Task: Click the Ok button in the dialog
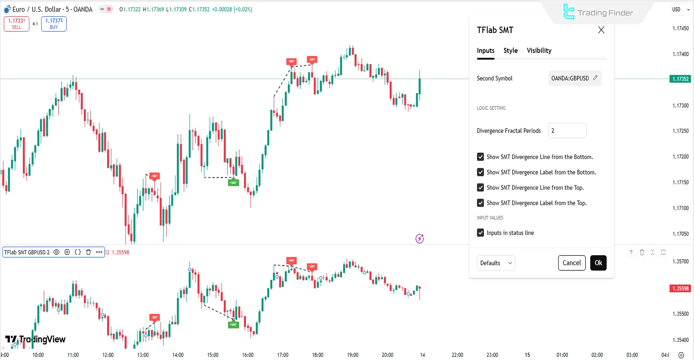[598, 263]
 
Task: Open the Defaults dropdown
[496, 263]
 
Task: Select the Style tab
[510, 51]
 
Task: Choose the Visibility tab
[539, 51]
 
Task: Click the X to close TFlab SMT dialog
[601, 30]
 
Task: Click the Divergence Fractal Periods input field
[567, 131]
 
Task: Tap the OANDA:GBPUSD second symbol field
[574, 78]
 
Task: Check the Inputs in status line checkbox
[480, 233]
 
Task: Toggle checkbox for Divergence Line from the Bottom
[480, 157]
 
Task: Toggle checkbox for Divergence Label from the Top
[480, 203]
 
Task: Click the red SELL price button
[17, 24]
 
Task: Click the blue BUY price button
[54, 24]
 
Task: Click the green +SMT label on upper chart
[233, 183]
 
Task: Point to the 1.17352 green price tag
[680, 79]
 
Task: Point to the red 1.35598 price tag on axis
[680, 288]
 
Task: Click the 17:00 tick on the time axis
[282, 355]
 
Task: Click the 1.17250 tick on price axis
[680, 131]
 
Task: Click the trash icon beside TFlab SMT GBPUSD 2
[88, 252]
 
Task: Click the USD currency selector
[680, 9]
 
